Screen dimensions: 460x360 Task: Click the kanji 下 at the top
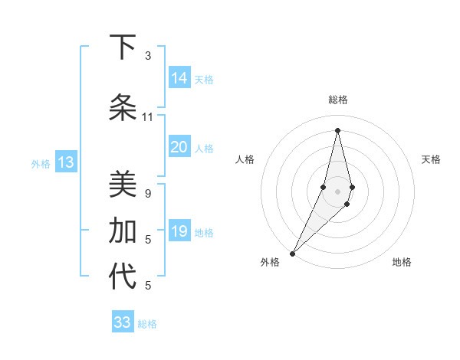click(122, 47)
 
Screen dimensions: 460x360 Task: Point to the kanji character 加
click(122, 231)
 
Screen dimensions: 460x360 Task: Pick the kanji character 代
click(122, 277)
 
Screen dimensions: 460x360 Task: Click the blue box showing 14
click(179, 78)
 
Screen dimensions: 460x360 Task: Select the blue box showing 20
click(179, 147)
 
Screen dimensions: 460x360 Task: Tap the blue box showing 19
click(179, 231)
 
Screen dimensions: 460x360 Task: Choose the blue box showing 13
click(65, 162)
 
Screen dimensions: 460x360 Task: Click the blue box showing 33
click(123, 322)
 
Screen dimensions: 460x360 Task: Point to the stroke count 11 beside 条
click(148, 116)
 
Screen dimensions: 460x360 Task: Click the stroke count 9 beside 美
click(148, 193)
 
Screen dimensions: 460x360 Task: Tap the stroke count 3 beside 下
click(148, 55)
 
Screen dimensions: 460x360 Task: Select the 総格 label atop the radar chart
click(337, 100)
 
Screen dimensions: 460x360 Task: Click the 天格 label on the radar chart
click(431, 159)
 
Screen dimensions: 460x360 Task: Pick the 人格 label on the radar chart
click(245, 159)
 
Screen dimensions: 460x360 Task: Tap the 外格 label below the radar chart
click(270, 262)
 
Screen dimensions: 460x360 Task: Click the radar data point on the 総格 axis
click(337, 129)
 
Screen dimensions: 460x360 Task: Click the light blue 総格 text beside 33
click(147, 324)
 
